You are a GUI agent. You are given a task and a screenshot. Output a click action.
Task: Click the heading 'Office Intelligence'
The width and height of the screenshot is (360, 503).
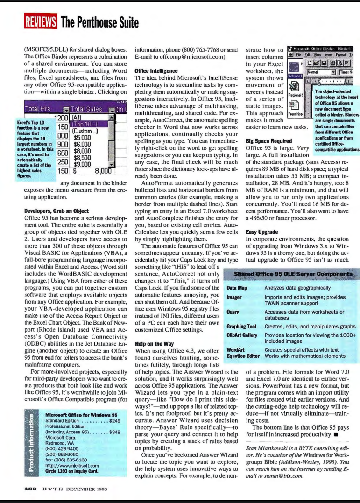point(156,71)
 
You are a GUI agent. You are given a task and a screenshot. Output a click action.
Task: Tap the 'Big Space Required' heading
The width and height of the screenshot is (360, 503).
point(268,141)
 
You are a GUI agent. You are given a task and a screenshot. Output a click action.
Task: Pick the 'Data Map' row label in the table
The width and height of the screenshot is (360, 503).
point(236,288)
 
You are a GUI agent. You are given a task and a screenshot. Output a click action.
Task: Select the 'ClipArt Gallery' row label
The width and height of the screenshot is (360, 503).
point(241,335)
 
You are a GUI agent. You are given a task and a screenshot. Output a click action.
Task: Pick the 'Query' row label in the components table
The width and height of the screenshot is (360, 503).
point(233,312)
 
